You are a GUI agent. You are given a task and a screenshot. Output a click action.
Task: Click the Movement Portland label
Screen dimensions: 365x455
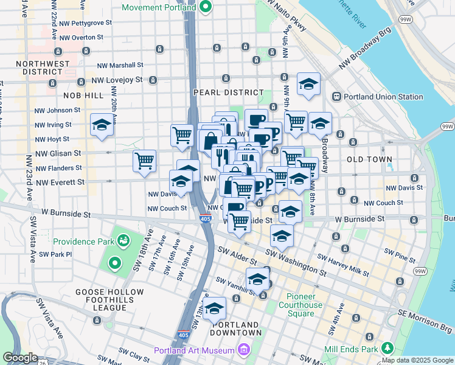tap(159, 7)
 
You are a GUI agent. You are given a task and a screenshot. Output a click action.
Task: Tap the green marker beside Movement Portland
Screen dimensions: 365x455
tap(205, 7)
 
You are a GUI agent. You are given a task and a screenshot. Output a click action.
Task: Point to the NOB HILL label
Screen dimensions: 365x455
tap(83, 96)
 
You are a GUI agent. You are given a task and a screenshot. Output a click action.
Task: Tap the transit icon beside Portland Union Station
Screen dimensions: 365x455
tap(336, 97)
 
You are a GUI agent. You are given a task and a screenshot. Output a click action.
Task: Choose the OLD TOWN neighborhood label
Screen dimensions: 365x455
tap(369, 159)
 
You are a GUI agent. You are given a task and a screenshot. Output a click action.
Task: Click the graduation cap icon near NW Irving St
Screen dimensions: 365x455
tap(102, 125)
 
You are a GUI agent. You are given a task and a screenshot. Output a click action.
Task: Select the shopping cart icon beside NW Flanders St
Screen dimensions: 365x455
tap(144, 161)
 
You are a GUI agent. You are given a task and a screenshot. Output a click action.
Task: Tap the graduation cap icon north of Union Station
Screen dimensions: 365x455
tap(308, 85)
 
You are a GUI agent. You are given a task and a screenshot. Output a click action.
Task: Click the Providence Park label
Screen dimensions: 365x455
tap(85, 241)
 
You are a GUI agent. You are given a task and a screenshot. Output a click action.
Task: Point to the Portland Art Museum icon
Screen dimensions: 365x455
tap(243, 350)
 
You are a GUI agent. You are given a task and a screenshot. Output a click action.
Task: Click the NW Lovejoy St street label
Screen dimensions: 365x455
tap(116, 80)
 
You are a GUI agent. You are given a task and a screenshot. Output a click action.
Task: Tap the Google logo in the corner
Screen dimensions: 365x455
tap(20, 358)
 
